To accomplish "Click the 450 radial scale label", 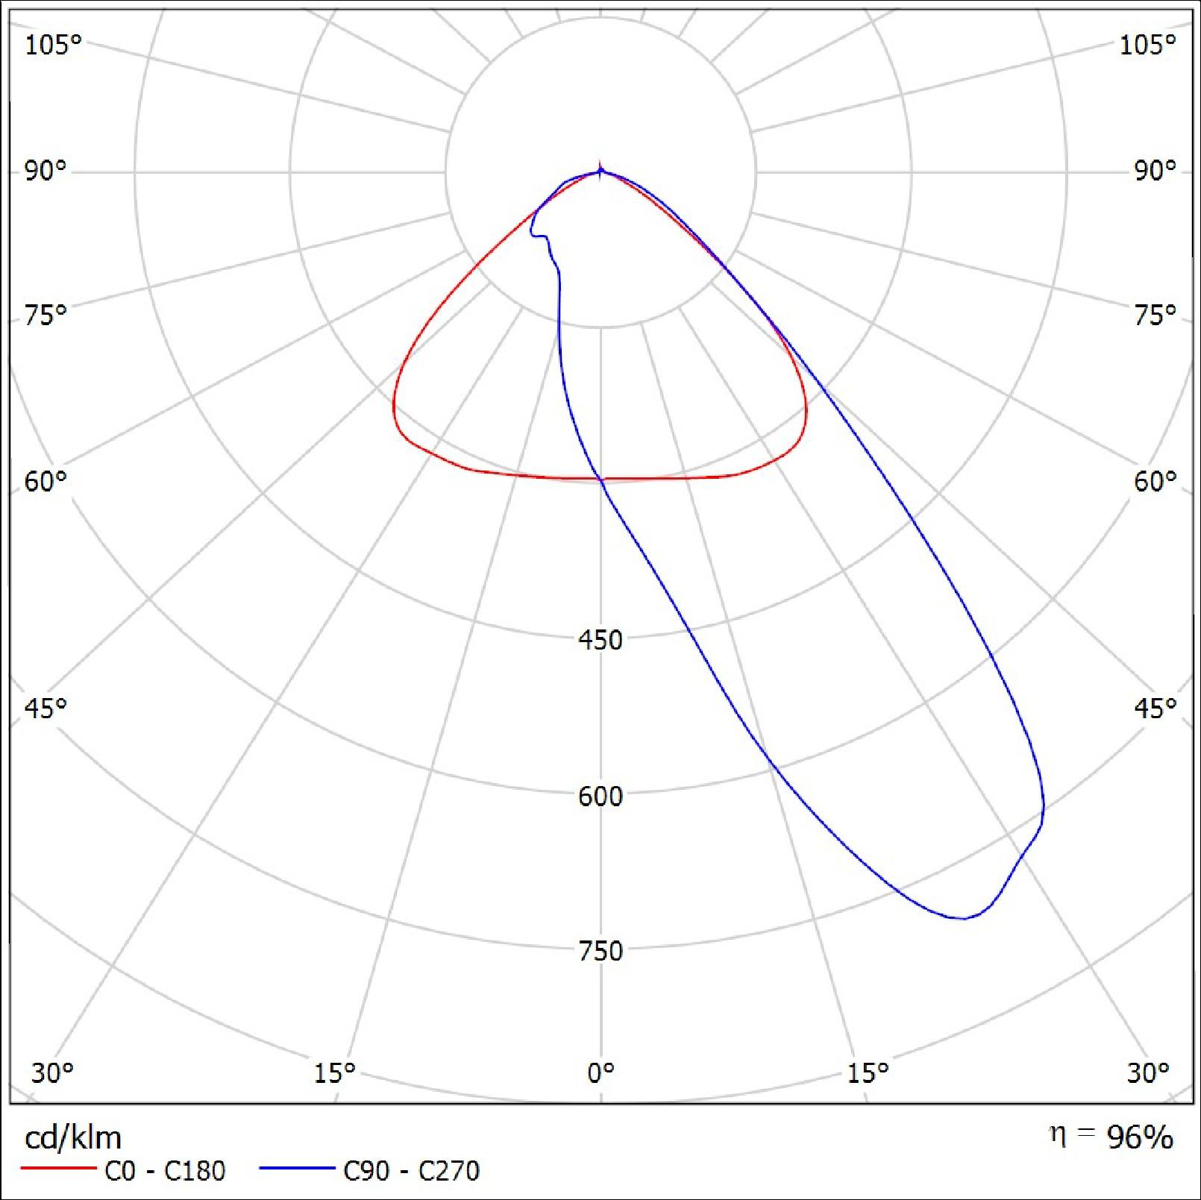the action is [600, 640].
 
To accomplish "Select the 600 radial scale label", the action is [600, 796].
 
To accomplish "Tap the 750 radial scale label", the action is [600, 951].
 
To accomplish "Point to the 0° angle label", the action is [600, 1072].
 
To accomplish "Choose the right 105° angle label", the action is [1147, 45].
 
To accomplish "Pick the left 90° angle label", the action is [46, 171].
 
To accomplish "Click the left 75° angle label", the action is [46, 315].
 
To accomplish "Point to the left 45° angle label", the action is [46, 707].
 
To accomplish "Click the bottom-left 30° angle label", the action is [52, 1072].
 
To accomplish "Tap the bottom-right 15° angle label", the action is [868, 1072].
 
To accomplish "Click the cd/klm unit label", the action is [72, 1138].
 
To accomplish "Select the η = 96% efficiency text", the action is [1111, 1137].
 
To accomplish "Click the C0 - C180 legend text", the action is [165, 1170].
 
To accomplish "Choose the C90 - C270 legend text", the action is [411, 1170].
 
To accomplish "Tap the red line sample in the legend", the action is [59, 1168].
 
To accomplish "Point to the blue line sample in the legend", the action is [297, 1168].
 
